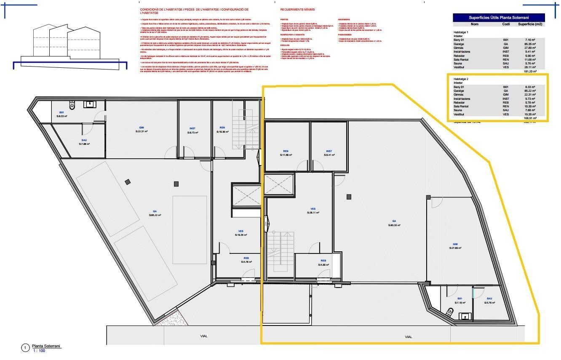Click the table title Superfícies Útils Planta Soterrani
(x=499, y=17)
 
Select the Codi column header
(x=506, y=24)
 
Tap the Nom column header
(x=475, y=24)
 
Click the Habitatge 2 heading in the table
(x=461, y=79)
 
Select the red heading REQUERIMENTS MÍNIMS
(x=297, y=9)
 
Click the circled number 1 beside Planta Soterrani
(x=25, y=348)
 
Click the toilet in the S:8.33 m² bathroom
(x=72, y=104)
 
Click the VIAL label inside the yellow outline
(x=408, y=337)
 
